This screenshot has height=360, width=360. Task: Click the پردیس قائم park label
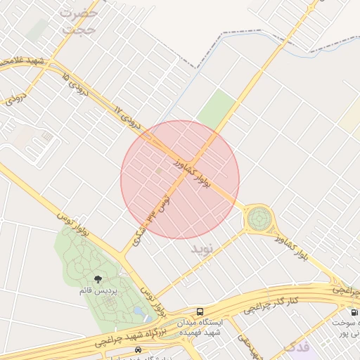click(x=96, y=290)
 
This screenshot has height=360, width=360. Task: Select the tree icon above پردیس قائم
click(x=97, y=279)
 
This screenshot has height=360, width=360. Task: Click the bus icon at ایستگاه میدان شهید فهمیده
click(x=200, y=311)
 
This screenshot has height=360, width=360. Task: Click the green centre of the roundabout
click(x=259, y=219)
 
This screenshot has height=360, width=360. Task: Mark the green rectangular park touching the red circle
click(x=217, y=109)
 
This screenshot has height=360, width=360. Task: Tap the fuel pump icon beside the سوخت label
click(x=352, y=312)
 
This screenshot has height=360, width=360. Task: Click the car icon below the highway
click(x=137, y=350)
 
